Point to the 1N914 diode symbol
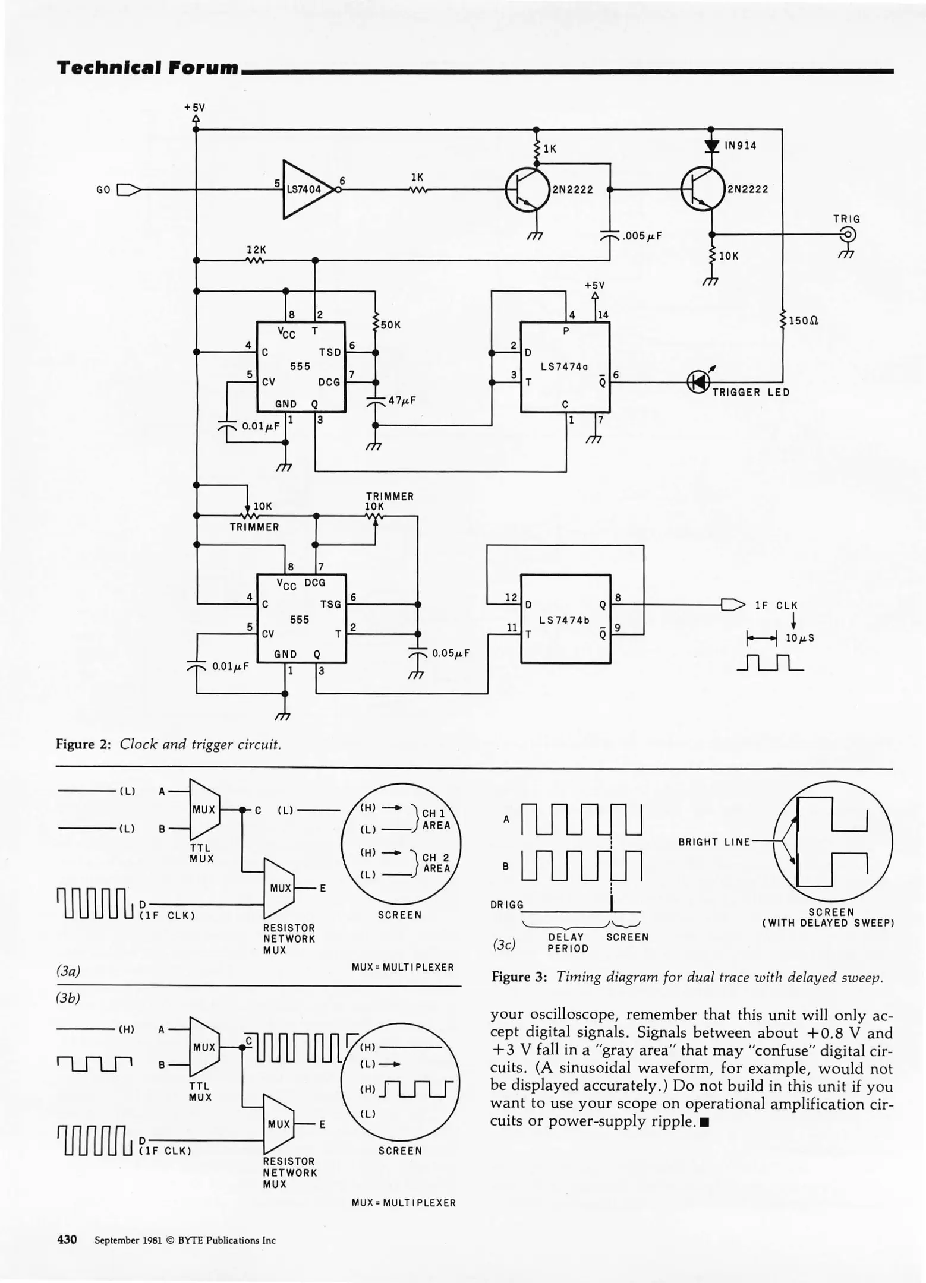point(711,146)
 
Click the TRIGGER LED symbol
point(698,382)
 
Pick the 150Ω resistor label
point(803,321)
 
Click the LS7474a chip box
point(565,367)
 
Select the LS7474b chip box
point(565,618)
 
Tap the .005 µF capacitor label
point(641,236)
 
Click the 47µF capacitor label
point(402,400)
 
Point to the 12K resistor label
point(256,250)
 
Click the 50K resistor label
point(391,325)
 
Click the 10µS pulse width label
point(799,638)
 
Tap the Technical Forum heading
point(147,68)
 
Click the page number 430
point(67,1240)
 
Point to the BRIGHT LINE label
point(714,842)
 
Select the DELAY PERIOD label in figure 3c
point(567,943)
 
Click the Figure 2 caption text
point(168,744)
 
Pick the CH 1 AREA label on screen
point(436,819)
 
